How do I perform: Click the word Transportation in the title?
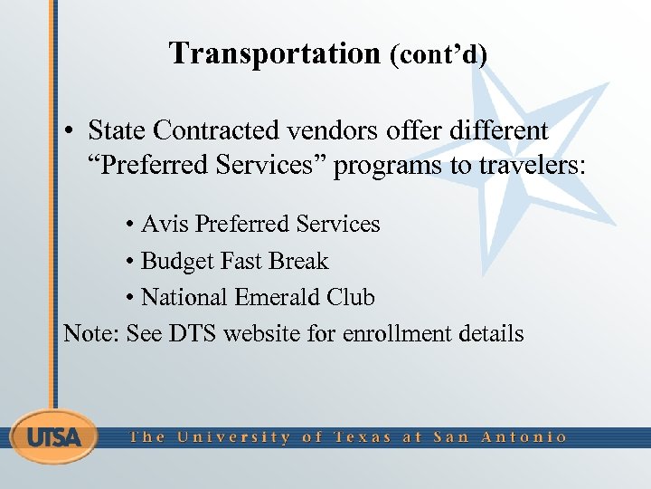click(274, 53)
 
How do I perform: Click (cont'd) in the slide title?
click(438, 55)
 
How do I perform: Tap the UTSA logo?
click(53, 436)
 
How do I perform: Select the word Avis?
click(165, 224)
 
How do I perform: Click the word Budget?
click(177, 262)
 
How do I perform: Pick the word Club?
click(351, 297)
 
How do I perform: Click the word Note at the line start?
click(90, 333)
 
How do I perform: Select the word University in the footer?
click(233, 436)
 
